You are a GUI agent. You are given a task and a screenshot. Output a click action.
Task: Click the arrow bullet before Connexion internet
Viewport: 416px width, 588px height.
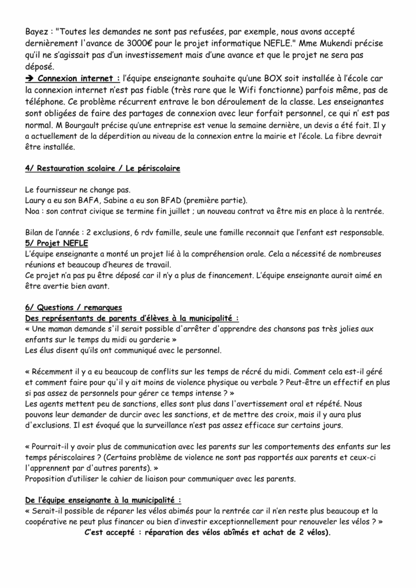click(30, 78)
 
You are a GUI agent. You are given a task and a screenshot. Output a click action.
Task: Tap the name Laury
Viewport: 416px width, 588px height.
click(36, 200)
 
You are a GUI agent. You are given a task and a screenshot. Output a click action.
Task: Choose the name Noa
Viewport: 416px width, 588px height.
click(34, 211)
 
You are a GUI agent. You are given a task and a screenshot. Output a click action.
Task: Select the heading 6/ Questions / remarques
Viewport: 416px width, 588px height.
click(73, 307)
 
